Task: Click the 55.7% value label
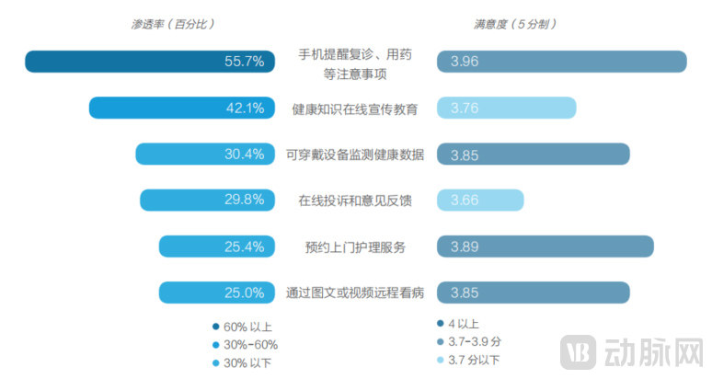click(244, 62)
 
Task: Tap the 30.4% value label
click(244, 155)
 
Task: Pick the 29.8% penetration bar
click(207, 201)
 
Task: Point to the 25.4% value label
click(244, 247)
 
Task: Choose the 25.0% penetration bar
click(217, 293)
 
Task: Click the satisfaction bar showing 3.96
click(562, 62)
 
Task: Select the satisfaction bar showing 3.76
click(507, 109)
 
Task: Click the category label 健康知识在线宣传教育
click(355, 109)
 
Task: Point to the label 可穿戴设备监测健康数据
click(355, 155)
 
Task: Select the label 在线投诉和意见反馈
click(355, 201)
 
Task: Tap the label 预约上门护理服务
click(355, 247)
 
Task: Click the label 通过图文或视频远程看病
click(355, 293)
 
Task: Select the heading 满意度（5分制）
click(513, 24)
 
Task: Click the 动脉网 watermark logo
click(635, 350)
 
